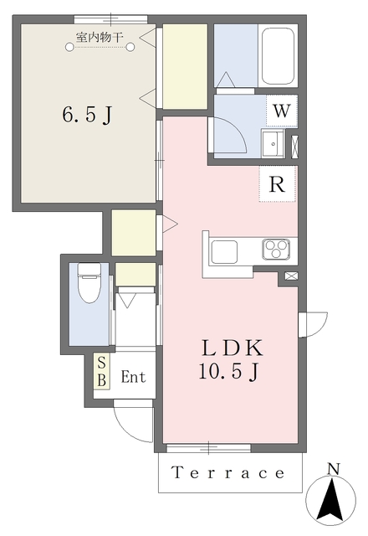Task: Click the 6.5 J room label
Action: (87, 114)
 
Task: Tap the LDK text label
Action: (233, 348)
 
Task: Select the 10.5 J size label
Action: (228, 371)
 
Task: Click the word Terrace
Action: (228, 472)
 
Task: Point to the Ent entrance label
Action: (133, 377)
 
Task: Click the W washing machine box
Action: (282, 111)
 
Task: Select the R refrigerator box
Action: (277, 184)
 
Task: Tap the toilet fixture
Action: (89, 282)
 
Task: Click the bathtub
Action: (278, 55)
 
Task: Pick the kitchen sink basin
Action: (224, 252)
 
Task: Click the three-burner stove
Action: (276, 250)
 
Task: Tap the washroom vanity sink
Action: (273, 143)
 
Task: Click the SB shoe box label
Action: (102, 371)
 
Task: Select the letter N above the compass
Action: (334, 469)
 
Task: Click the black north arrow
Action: (330, 500)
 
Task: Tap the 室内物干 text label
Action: (100, 37)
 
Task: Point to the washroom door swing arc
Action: (237, 128)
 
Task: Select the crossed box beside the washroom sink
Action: (294, 147)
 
